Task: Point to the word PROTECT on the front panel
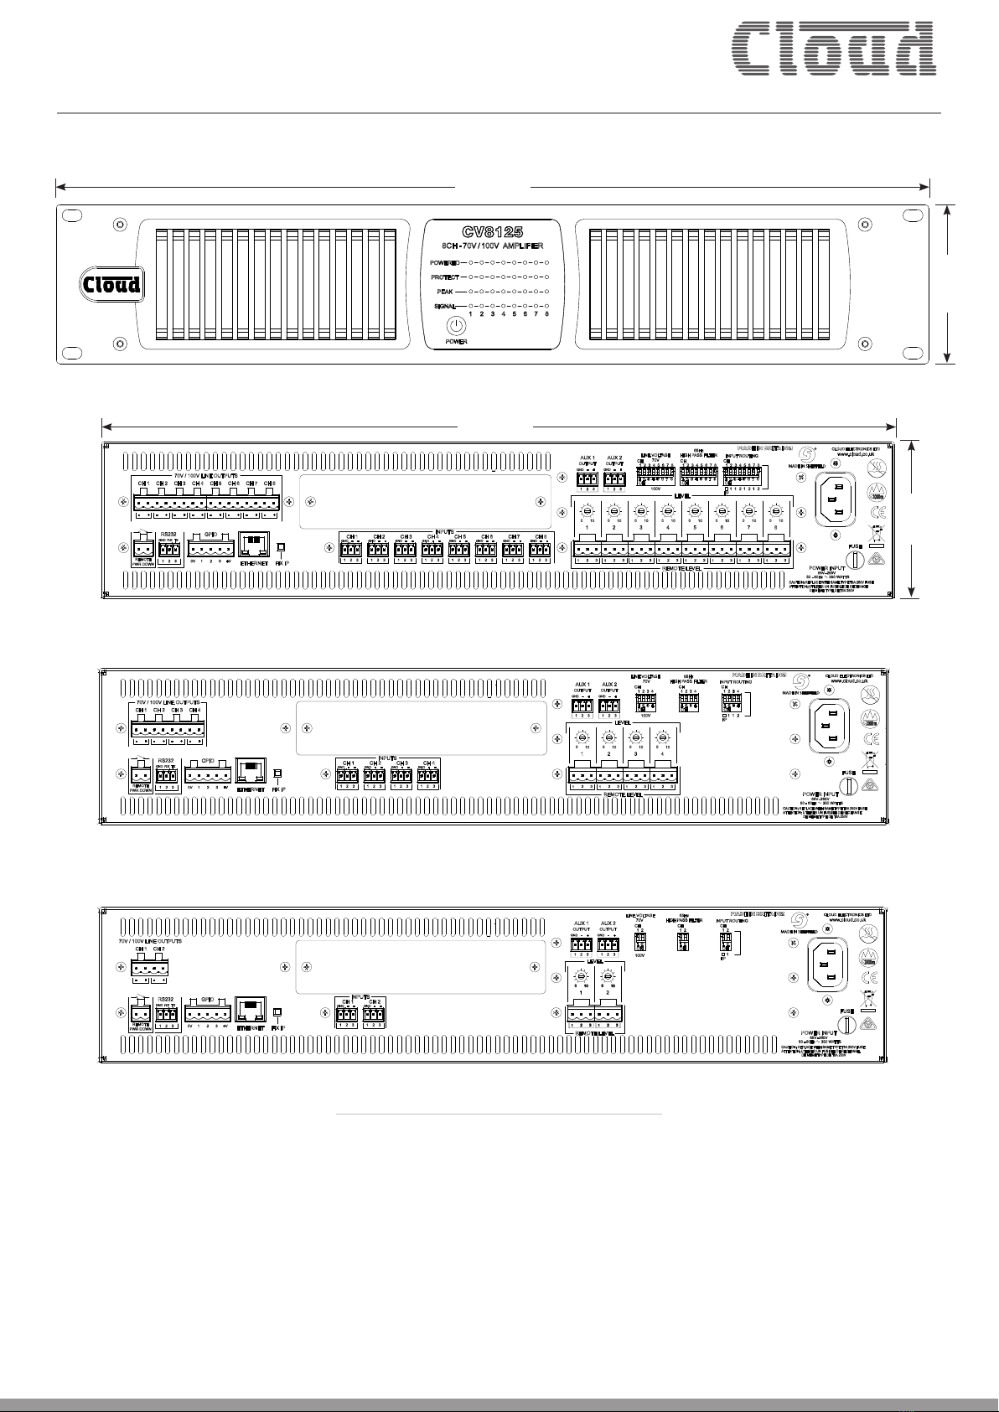pos(447,276)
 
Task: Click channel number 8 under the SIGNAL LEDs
pos(546,314)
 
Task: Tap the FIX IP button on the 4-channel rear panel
pos(278,773)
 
